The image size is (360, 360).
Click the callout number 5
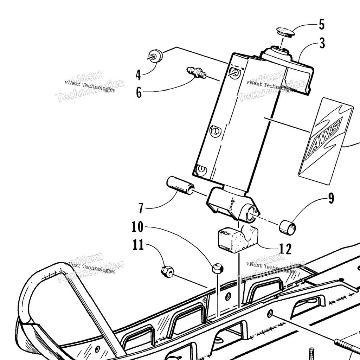pyautogui.click(x=322, y=25)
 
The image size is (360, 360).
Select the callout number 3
pyautogui.click(x=322, y=43)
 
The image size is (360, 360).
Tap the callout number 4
pyautogui.click(x=138, y=75)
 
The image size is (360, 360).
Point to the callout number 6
pyautogui.click(x=139, y=93)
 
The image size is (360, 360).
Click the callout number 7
pyautogui.click(x=141, y=208)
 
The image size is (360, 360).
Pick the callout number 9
pyautogui.click(x=331, y=198)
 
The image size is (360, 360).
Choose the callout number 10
pyautogui.click(x=137, y=227)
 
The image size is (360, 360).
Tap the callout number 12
pyautogui.click(x=285, y=249)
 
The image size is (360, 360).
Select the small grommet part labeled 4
pyautogui.click(x=155, y=55)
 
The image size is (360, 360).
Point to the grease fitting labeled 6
pyautogui.click(x=196, y=72)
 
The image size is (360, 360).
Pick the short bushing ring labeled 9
pyautogui.click(x=287, y=227)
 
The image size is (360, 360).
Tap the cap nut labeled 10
pyautogui.click(x=217, y=268)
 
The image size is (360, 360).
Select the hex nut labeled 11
pyautogui.click(x=167, y=271)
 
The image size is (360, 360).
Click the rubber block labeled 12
pyautogui.click(x=238, y=239)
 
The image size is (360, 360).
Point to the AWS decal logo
pyautogui.click(x=326, y=141)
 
